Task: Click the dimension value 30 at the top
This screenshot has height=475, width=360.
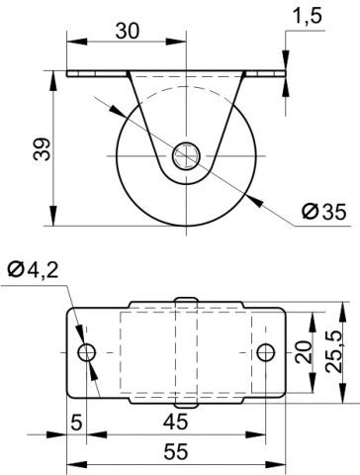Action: (128, 31)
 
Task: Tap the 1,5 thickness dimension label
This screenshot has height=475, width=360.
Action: (308, 16)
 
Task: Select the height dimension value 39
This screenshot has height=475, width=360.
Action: (43, 149)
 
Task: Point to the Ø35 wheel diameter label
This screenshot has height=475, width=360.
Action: (324, 212)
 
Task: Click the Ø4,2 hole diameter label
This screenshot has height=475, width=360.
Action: (33, 270)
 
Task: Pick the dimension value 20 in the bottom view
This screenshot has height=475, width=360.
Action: (304, 352)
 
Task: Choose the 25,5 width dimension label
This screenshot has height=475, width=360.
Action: (336, 352)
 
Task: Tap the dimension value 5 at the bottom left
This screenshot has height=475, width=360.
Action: (76, 423)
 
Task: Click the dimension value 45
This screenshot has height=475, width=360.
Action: (176, 422)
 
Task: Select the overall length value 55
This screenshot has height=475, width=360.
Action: (176, 451)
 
